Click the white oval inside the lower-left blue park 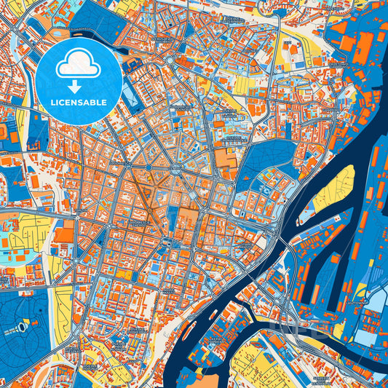click(x=23, y=328)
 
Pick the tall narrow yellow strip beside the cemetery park click(x=63, y=306)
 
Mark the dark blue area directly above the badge click(x=98, y=18)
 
